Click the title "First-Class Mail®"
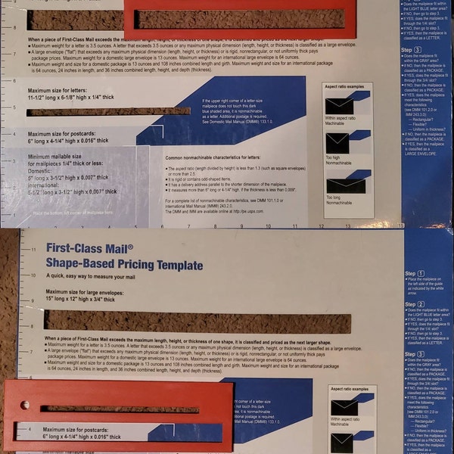coord(90,248)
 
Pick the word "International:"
coord(50,185)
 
